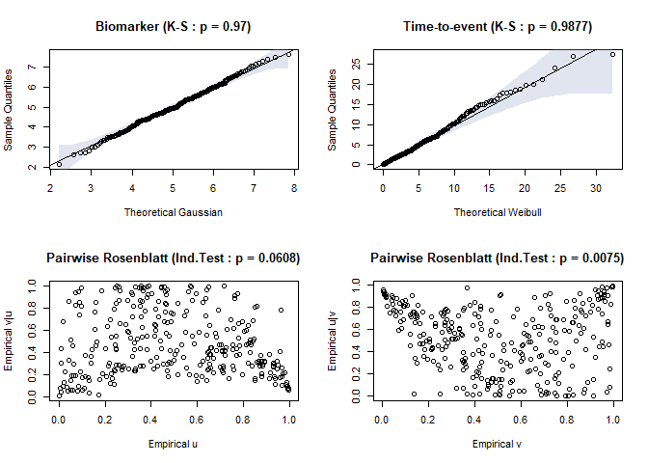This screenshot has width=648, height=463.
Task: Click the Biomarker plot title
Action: pos(174,26)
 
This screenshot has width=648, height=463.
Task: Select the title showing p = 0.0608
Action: pos(174,258)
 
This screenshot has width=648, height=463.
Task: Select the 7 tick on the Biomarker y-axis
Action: pos(32,68)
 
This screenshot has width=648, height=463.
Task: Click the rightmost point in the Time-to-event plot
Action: pos(612,54)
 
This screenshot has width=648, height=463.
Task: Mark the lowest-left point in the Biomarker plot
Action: pos(59,164)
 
